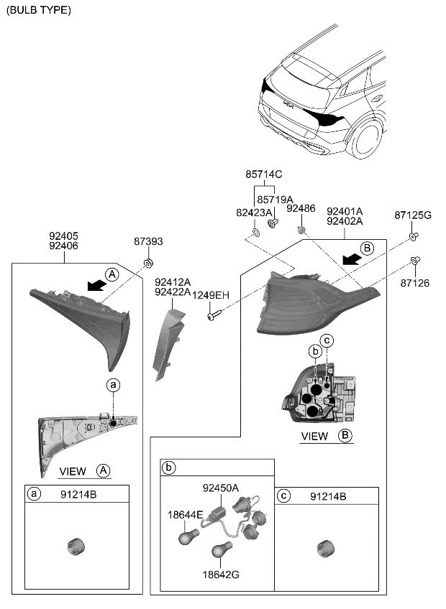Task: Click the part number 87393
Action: click(x=148, y=242)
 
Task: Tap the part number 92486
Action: click(x=301, y=208)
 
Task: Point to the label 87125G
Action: click(x=413, y=215)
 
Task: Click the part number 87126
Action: click(x=414, y=284)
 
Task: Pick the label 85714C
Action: click(x=264, y=175)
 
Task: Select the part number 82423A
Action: click(x=255, y=213)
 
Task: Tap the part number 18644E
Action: click(x=186, y=513)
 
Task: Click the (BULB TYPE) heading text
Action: click(x=38, y=10)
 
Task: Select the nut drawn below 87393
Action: click(x=148, y=261)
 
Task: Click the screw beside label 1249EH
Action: click(x=214, y=312)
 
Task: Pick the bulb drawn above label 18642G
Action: click(x=221, y=552)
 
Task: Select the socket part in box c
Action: click(x=322, y=547)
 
